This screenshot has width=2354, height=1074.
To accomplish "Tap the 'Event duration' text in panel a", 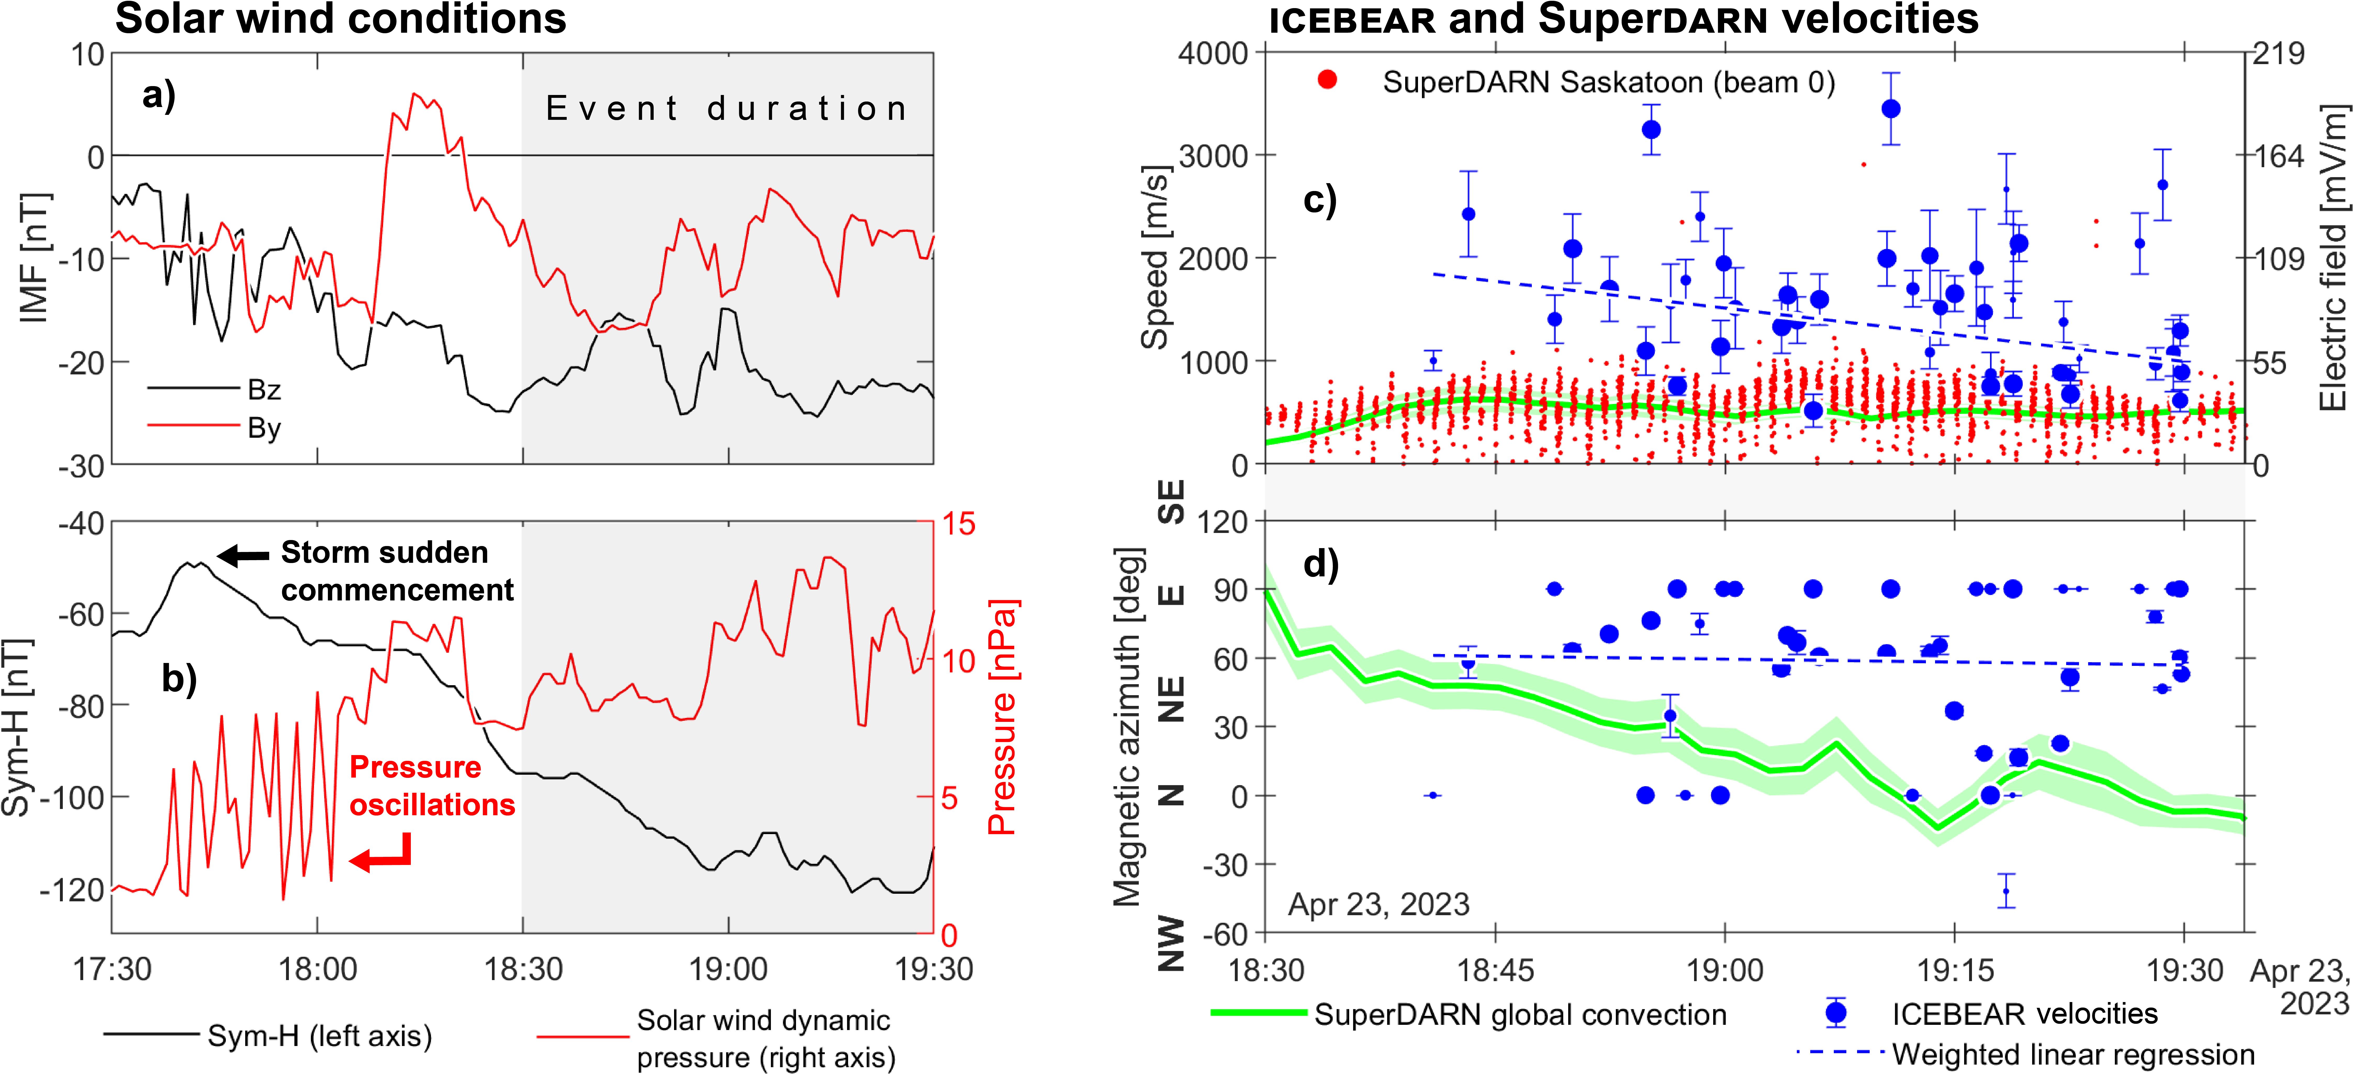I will click(x=726, y=109).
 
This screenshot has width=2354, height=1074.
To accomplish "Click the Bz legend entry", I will click(x=263, y=390).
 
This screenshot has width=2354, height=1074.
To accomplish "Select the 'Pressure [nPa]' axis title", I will click(x=1002, y=717).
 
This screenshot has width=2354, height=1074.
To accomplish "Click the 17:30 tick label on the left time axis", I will click(x=111, y=969).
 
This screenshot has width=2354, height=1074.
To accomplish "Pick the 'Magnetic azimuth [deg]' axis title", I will click(x=1128, y=727).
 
